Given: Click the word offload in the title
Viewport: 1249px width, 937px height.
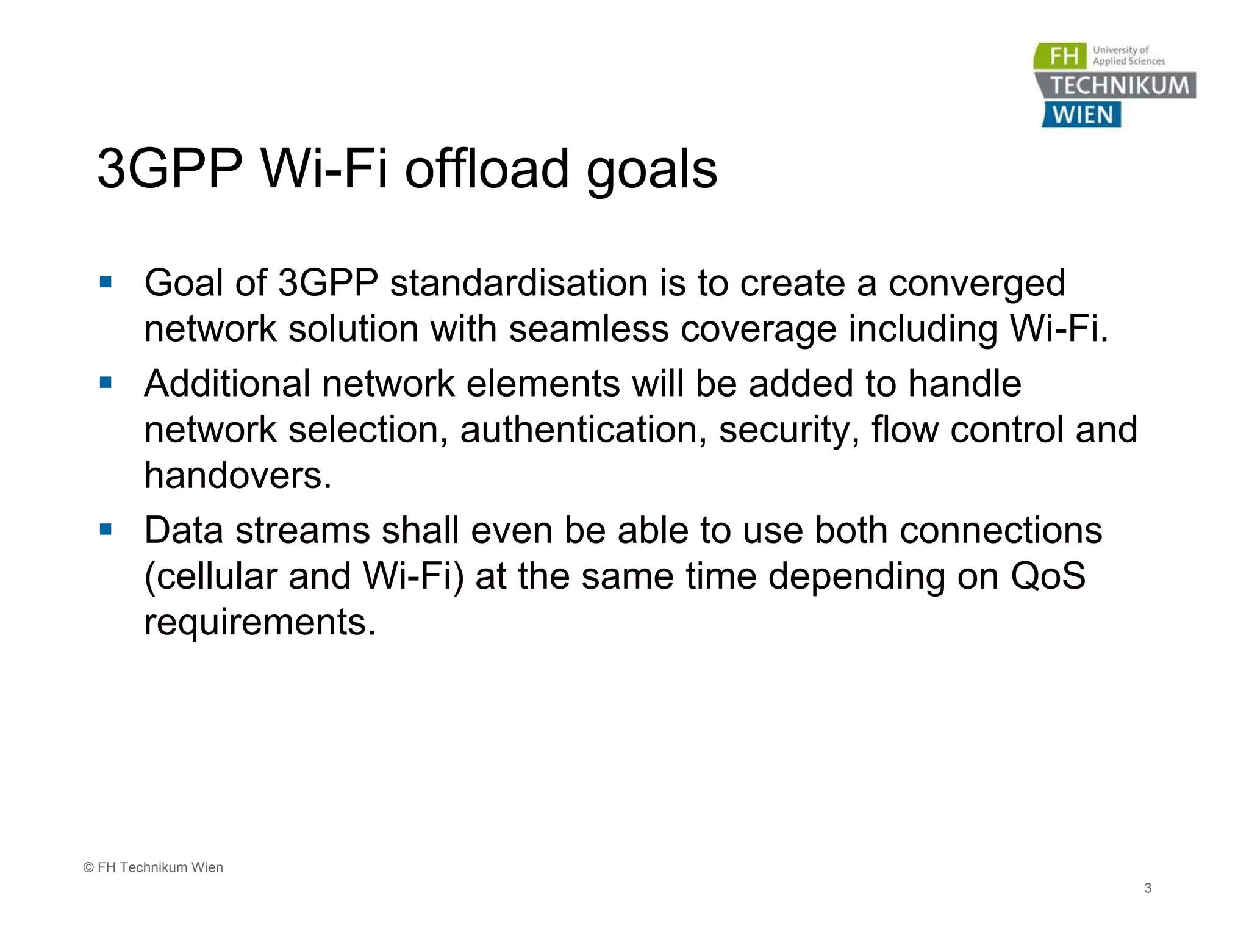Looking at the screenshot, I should click(x=487, y=169).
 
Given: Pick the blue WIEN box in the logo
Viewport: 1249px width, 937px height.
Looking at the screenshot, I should click(x=1082, y=115).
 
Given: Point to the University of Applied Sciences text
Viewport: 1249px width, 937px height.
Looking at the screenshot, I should click(x=1128, y=56).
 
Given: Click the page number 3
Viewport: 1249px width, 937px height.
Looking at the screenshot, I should click(x=1148, y=888).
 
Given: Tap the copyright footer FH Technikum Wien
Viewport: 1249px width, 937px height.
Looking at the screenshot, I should click(x=153, y=867).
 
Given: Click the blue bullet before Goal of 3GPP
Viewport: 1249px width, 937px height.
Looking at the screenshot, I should click(x=106, y=282).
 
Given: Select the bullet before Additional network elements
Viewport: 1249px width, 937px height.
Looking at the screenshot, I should click(x=106, y=383).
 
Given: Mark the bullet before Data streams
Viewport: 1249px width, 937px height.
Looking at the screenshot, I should click(x=106, y=530).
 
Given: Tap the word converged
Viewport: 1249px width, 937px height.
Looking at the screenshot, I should click(x=976, y=284).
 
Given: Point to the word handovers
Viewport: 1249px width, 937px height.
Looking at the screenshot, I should click(x=237, y=475).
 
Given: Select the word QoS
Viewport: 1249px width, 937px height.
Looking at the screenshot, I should click(x=1048, y=576).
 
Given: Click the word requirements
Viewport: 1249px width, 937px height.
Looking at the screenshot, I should click(x=259, y=622).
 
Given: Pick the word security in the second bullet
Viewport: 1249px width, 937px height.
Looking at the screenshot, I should click(x=789, y=431).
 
